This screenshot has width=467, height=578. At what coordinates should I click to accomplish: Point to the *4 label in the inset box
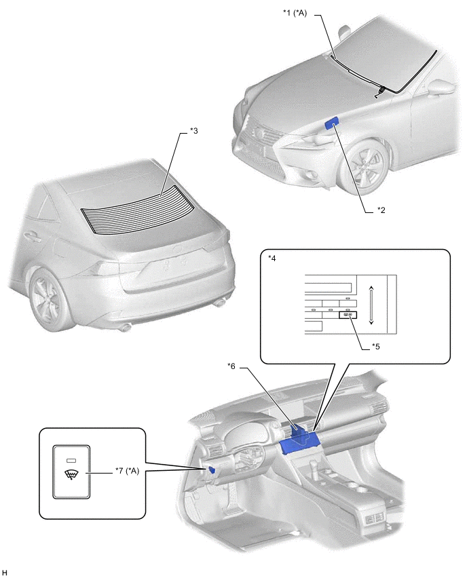point(272,258)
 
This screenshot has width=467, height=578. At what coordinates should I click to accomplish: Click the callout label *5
point(376,346)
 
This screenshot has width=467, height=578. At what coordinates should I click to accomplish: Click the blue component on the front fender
point(332,122)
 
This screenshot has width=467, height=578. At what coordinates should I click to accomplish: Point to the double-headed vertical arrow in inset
point(371,305)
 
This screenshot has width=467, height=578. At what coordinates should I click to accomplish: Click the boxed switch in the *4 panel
point(348,315)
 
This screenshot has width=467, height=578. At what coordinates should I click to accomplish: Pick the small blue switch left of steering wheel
point(212,469)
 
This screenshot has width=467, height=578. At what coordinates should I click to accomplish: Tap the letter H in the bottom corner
point(5,573)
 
